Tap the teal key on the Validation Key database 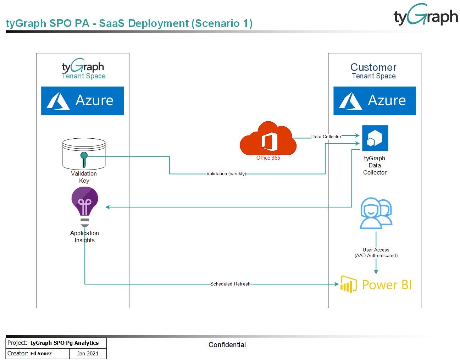click(x=84, y=159)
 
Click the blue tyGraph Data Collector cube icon click(x=375, y=138)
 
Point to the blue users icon click(x=376, y=213)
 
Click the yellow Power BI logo click(x=376, y=284)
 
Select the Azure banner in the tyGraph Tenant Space click(x=83, y=101)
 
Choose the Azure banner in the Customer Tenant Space click(x=375, y=101)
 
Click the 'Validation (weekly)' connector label click(x=226, y=174)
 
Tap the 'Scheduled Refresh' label click(x=230, y=284)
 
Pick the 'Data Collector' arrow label click(x=326, y=137)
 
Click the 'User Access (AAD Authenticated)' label click(x=376, y=253)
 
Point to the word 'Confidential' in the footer click(x=227, y=345)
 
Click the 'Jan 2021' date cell click(x=88, y=354)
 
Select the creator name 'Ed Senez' click(x=41, y=354)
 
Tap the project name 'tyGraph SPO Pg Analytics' click(x=65, y=343)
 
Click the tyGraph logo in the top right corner click(x=426, y=16)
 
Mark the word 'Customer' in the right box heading click(x=373, y=67)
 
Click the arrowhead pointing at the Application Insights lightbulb click(x=107, y=207)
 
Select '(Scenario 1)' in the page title click(x=222, y=23)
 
